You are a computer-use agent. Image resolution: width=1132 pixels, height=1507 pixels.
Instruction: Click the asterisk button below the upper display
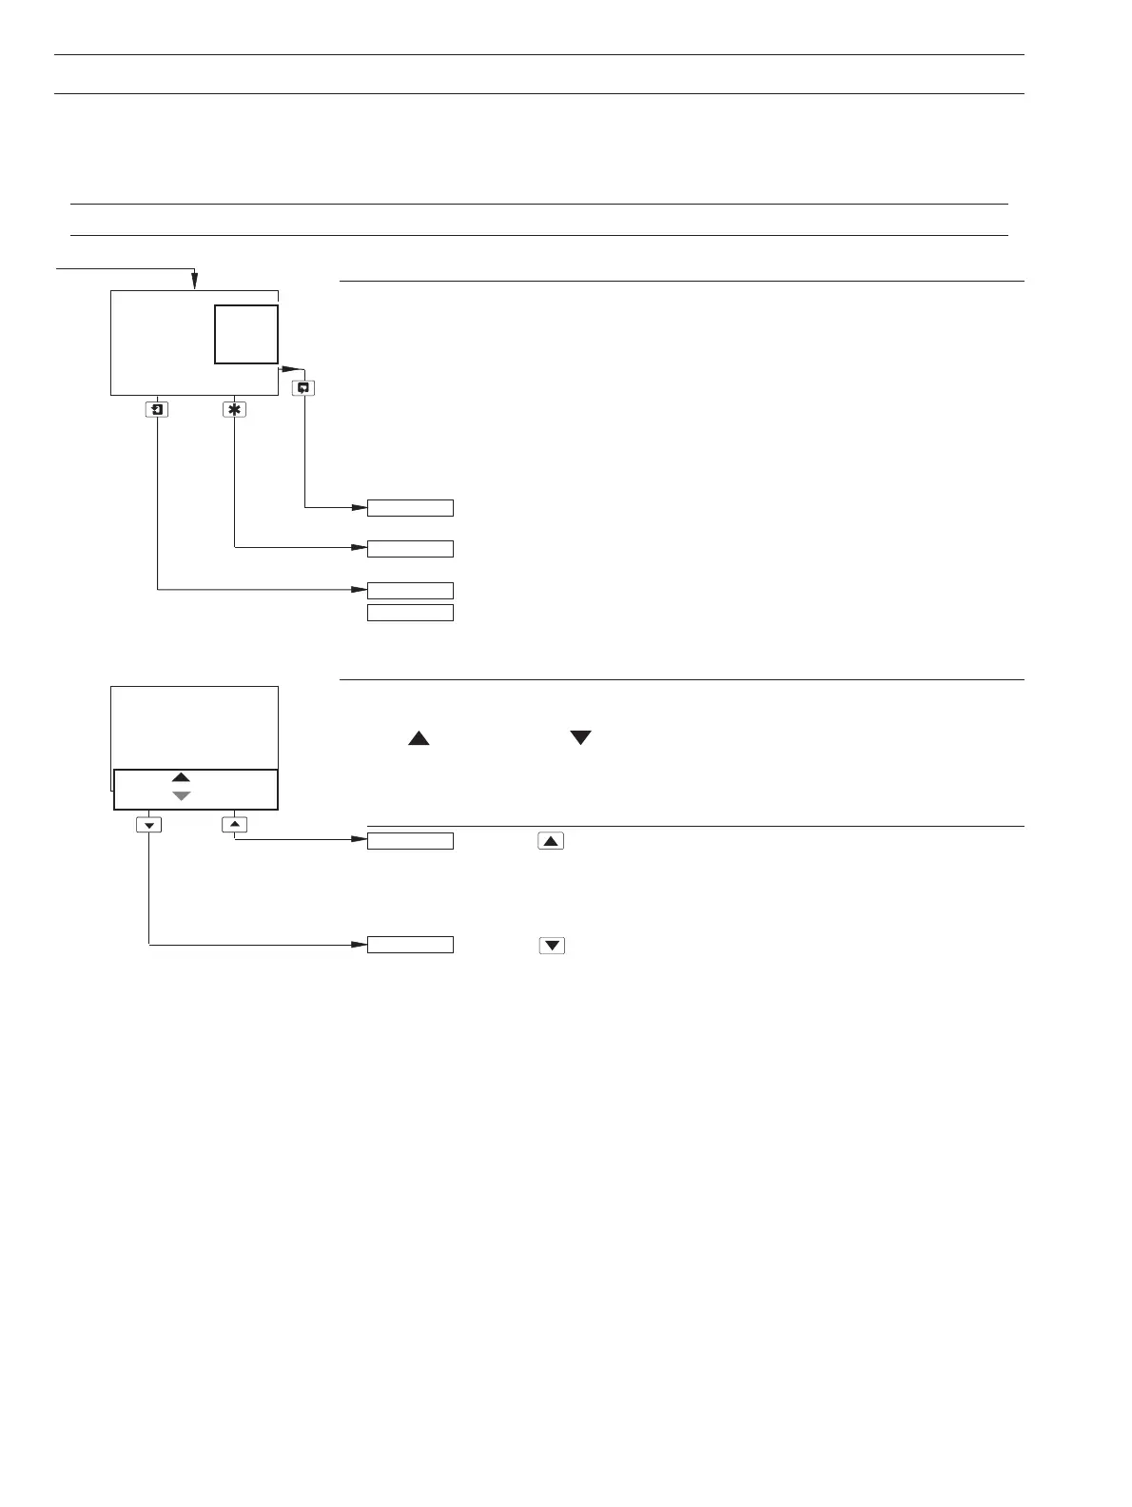click(234, 410)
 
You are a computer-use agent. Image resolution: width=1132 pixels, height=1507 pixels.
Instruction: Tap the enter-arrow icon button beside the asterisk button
click(157, 410)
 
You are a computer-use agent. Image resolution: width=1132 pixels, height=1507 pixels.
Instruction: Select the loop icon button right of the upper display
click(304, 388)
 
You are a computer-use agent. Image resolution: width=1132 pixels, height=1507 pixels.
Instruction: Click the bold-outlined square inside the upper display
click(246, 334)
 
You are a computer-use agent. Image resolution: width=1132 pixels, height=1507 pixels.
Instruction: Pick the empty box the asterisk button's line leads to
click(410, 548)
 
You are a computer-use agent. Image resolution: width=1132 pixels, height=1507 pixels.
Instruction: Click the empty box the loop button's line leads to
click(410, 508)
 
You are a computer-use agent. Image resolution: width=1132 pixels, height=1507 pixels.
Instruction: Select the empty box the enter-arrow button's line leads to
click(410, 590)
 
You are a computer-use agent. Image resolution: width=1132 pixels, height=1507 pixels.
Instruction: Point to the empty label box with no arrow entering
click(410, 613)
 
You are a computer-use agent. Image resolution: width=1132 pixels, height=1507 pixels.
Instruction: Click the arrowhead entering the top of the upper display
click(194, 281)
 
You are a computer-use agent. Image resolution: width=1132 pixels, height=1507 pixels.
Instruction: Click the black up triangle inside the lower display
click(182, 778)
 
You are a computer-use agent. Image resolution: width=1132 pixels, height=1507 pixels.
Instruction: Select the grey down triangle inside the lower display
click(182, 795)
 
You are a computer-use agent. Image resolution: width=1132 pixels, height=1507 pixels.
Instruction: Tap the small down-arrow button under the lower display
click(149, 824)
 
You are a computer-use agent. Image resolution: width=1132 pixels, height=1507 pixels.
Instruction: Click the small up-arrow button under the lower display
click(234, 824)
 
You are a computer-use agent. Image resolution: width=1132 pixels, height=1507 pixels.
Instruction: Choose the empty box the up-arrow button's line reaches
click(410, 840)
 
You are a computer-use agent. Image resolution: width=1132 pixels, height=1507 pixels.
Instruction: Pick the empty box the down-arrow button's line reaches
click(410, 945)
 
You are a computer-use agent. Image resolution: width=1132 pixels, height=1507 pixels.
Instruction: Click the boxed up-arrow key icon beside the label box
click(551, 841)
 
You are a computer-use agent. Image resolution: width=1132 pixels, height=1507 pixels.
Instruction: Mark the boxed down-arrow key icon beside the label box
click(552, 946)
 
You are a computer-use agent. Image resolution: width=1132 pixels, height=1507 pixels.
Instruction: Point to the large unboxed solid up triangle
click(419, 738)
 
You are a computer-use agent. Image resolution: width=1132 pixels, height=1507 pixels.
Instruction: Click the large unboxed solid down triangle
click(580, 738)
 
